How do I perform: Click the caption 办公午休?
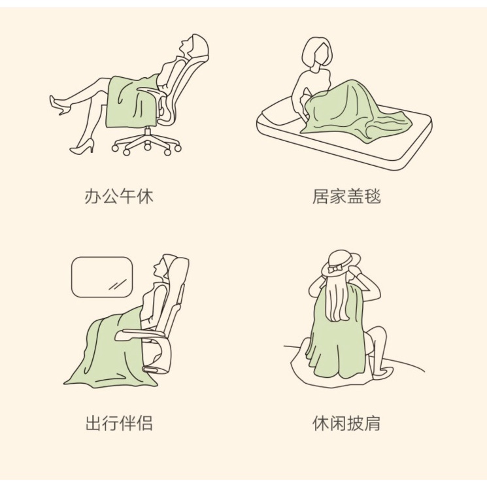[119, 196]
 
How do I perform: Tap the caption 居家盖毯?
[346, 196]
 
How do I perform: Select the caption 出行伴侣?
[119, 423]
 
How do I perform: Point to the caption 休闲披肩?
[346, 423]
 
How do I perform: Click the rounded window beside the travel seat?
[102, 277]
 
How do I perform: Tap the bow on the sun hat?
[335, 268]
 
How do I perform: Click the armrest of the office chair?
[152, 91]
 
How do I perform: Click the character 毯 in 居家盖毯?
[373, 196]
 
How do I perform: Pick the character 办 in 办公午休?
[93, 196]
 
